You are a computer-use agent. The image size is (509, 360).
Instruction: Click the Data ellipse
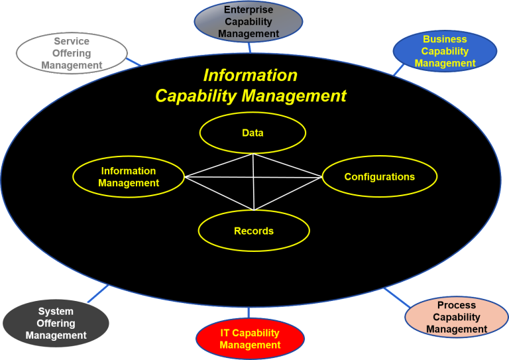tap(253, 133)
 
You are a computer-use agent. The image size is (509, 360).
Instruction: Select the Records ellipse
tap(254, 231)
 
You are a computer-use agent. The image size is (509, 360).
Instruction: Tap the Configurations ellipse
tap(379, 176)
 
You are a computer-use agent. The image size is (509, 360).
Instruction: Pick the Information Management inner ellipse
tap(129, 177)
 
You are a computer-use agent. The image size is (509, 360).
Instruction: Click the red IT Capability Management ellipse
tap(250, 338)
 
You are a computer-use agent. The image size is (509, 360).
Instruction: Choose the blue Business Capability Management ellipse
tap(445, 51)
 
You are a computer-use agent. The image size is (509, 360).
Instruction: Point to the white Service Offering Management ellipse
tap(72, 53)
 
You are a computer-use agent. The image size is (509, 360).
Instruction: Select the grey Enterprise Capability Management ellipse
tap(249, 22)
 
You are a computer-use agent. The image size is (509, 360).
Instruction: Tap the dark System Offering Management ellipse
tap(56, 324)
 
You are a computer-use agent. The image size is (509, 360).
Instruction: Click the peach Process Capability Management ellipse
tap(456, 317)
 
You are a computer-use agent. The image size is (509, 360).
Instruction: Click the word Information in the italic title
tap(250, 75)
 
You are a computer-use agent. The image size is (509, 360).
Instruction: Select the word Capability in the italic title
tap(197, 96)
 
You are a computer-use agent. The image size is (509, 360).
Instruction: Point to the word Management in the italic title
tap(294, 96)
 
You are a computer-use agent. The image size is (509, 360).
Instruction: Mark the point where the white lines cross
tap(254, 177)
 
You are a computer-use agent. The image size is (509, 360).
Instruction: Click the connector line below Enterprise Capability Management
tap(250, 47)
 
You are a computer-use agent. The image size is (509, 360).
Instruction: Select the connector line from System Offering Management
tap(97, 294)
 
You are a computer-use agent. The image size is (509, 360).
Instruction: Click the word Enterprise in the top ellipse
tap(249, 10)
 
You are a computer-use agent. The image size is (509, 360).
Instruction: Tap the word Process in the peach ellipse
tap(457, 305)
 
